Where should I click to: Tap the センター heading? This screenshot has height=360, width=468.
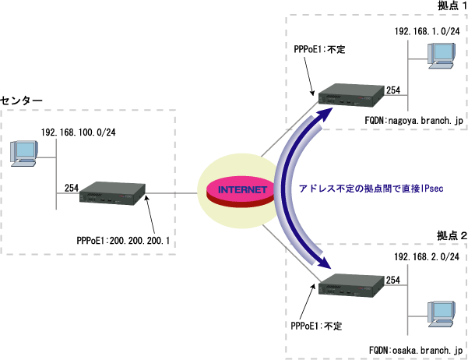(23, 101)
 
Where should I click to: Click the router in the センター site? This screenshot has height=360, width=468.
(114, 195)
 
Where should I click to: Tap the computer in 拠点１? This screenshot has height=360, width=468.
(443, 56)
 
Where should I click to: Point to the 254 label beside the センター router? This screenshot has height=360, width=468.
(72, 188)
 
